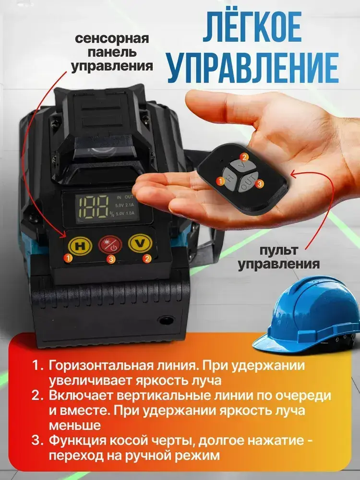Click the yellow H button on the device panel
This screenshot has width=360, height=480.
pos(80,245)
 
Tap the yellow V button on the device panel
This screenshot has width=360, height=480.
pos(140,244)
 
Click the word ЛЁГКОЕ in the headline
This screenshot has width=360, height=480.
pos(252,28)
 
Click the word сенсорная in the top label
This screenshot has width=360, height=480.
pos(112,39)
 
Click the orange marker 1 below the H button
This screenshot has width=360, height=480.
pos(69,258)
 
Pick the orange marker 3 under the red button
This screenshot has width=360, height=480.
pos(111,259)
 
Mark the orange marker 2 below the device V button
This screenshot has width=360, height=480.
pos(147,258)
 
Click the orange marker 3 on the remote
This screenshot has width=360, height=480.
pos(259,184)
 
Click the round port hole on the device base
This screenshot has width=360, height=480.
pos(166,320)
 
